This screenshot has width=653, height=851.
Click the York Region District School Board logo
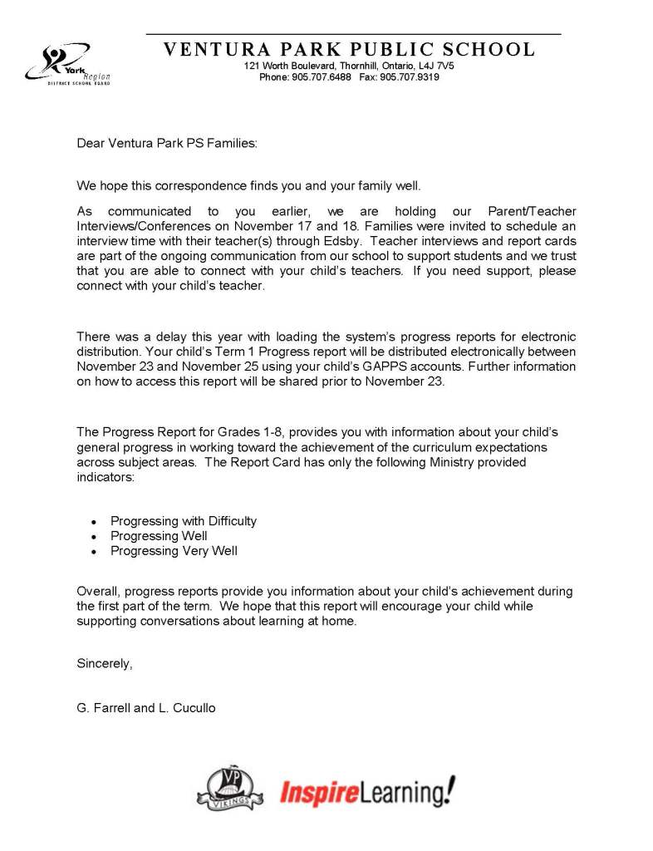pos(68,64)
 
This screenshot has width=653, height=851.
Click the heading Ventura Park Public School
pos(349,49)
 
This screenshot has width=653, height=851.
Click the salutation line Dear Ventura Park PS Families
pos(167,143)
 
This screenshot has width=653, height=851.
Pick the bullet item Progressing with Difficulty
pos(184,521)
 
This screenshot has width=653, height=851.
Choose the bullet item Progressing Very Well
pos(174,551)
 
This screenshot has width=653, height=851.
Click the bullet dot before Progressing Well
pos(94,537)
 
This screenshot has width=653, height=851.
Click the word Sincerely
pos(105,663)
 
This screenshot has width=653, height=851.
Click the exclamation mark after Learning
pos(449,790)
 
